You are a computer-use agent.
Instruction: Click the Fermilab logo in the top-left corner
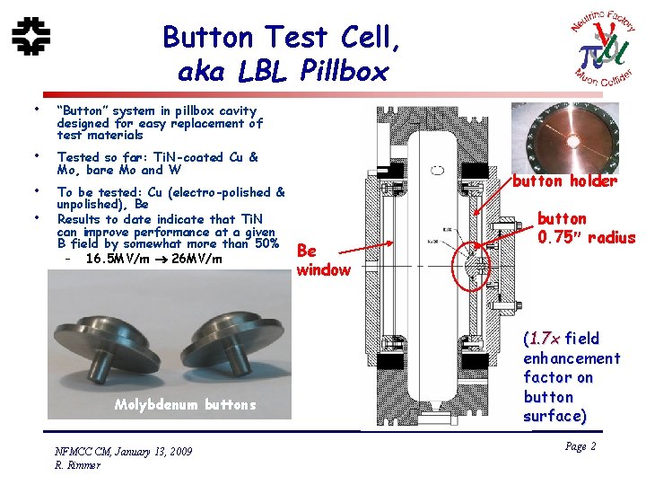pos(32,36)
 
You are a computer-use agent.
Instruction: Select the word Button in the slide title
pos(207,37)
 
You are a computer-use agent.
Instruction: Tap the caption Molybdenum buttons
pos(185,404)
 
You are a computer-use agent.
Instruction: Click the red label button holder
pos(564,181)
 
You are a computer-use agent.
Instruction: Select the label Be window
pos(322,260)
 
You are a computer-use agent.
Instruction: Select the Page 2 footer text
pos(581,447)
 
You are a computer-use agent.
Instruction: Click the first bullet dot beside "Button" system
pos(35,110)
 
